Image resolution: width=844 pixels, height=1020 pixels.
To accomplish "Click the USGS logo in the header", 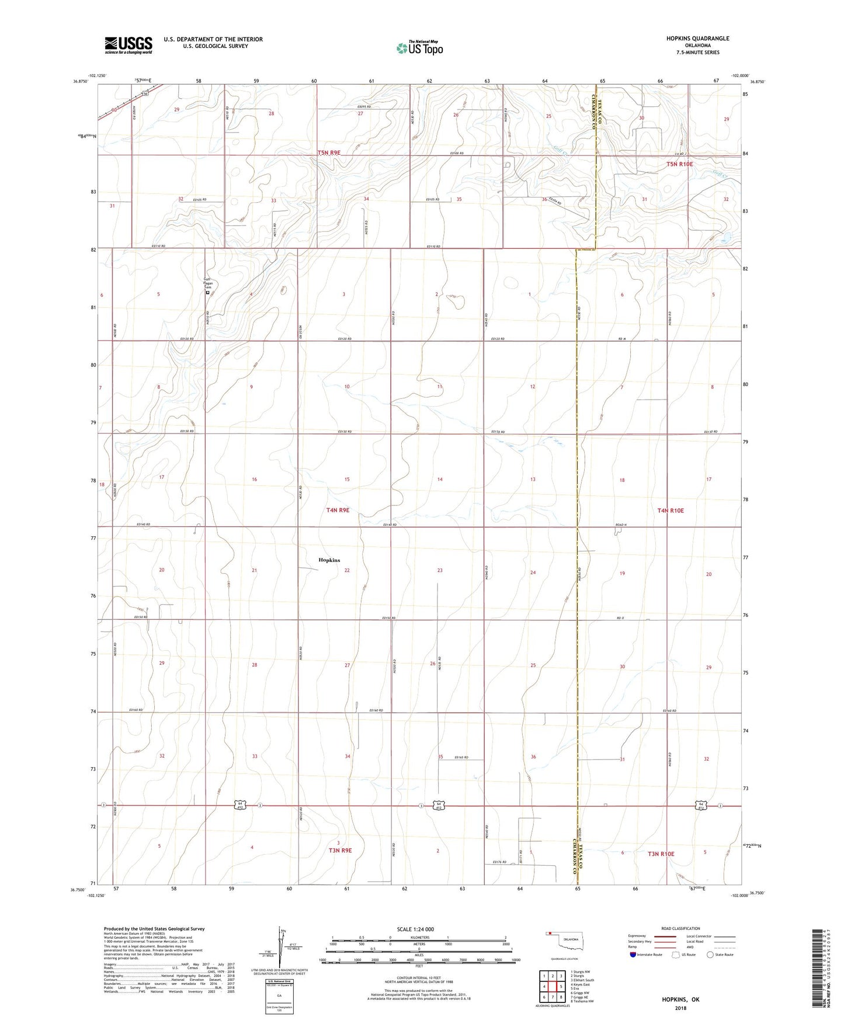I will tap(128, 45).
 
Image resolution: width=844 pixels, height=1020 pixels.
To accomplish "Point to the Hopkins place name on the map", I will tap(329, 560).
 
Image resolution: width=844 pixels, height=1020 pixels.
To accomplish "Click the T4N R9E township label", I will tap(338, 510).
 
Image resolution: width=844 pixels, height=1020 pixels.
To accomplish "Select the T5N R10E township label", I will tap(679, 164).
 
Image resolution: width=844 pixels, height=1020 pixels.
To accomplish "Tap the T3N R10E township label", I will tap(661, 854).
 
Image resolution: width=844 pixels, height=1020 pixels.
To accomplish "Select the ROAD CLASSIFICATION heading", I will tap(681, 928).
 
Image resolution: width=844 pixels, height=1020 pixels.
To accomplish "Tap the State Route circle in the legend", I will tap(710, 955).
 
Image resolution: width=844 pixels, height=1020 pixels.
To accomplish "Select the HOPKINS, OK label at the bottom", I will tap(680, 1000).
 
